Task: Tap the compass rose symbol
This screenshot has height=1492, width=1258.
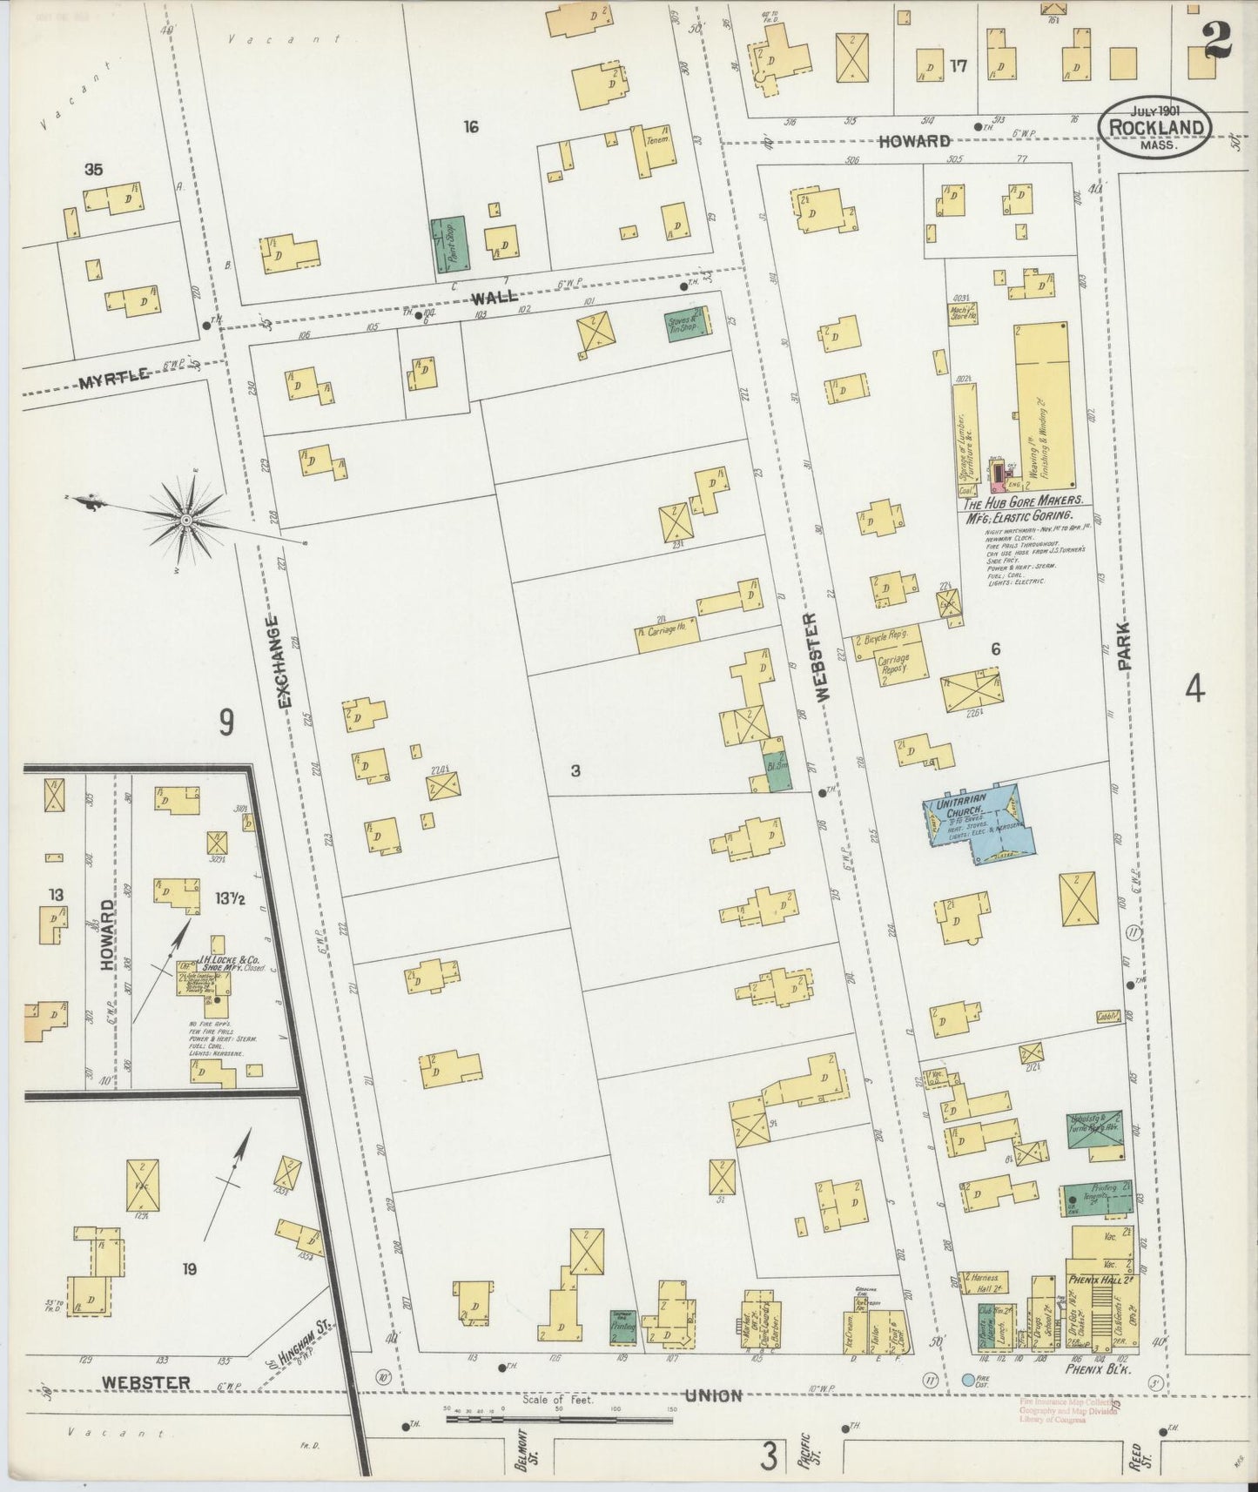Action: click(186, 521)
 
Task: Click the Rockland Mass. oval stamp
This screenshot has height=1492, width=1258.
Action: click(1154, 127)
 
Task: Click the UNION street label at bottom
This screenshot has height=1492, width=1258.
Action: click(712, 1395)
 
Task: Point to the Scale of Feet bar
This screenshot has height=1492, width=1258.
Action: click(558, 1420)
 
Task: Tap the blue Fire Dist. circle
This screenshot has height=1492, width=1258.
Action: click(968, 1380)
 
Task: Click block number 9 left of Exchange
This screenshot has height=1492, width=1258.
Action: click(225, 722)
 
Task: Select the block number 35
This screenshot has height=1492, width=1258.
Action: click(93, 170)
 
